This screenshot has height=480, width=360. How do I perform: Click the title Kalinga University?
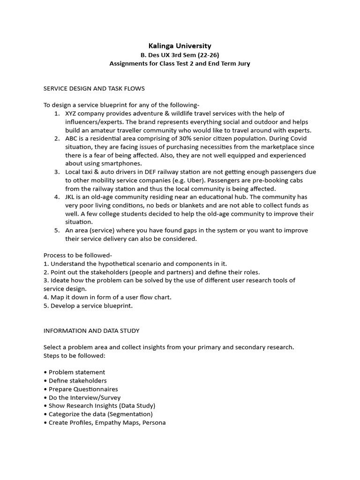(180, 45)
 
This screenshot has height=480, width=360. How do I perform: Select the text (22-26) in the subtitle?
(206, 55)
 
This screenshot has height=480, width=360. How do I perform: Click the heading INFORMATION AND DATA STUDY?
(91, 330)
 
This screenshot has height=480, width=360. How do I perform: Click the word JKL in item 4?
(71, 197)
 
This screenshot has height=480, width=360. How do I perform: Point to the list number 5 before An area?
(56, 231)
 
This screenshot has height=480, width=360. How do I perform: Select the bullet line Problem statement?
(76, 372)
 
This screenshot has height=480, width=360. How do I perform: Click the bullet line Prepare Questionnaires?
(83, 389)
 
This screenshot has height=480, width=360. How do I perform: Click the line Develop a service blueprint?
(88, 306)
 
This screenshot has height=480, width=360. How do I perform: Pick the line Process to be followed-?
(78, 255)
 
